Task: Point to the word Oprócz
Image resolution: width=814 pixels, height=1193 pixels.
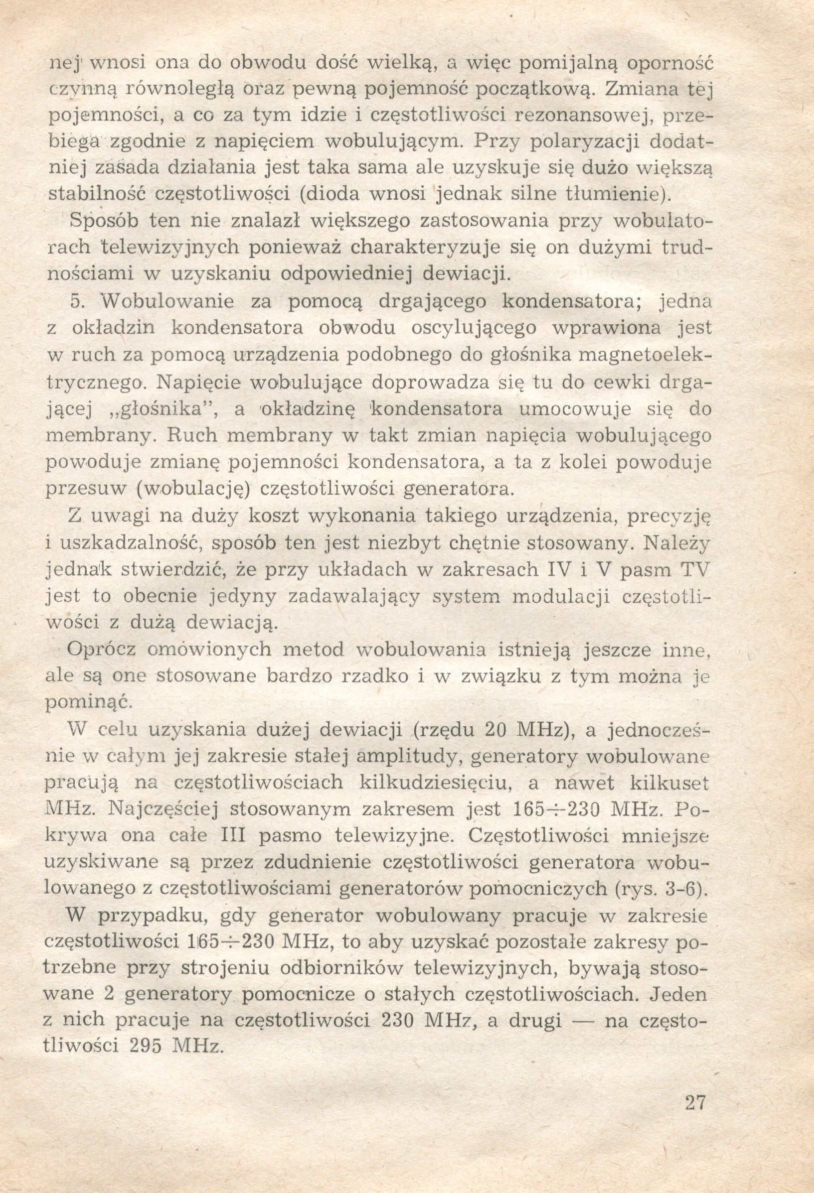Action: coord(102,650)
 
